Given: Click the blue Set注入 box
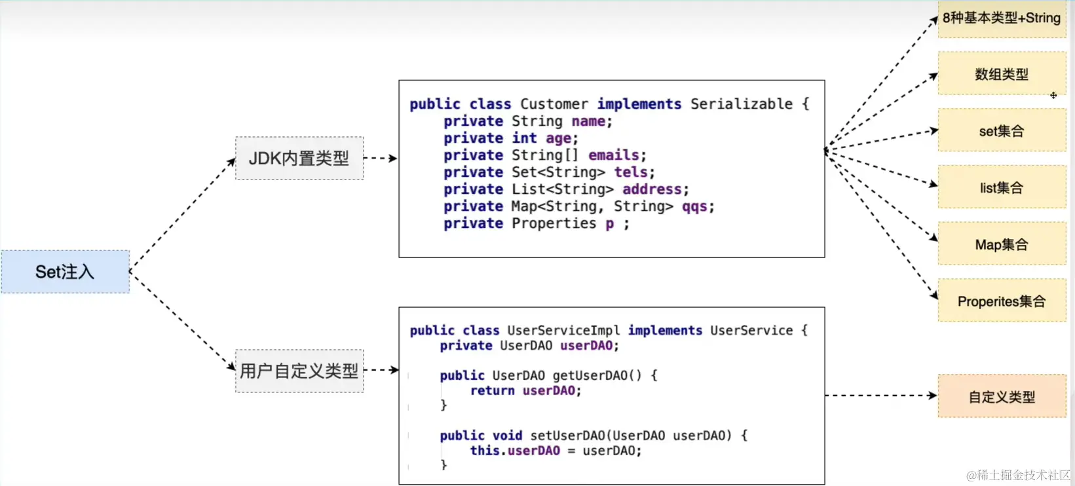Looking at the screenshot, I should tap(65, 271).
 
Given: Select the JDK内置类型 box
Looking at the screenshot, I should tap(299, 158).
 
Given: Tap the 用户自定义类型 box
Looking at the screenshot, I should tap(299, 371).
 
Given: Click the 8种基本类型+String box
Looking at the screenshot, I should tap(1001, 18).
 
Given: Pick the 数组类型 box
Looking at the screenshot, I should tap(1001, 74).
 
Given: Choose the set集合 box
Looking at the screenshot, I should tap(1001, 131).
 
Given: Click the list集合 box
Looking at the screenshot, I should tap(1001, 188).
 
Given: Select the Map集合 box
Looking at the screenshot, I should tap(1001, 244).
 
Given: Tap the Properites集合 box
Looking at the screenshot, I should tap(1001, 301).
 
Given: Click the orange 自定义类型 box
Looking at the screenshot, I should tap(1001, 396).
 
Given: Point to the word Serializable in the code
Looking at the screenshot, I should tap(741, 104).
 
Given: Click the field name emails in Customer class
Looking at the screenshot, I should tap(613, 155).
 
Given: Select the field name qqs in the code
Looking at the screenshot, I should tap(694, 206).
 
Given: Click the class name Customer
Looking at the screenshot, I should tap(554, 104).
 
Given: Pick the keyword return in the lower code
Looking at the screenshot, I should tap(492, 390).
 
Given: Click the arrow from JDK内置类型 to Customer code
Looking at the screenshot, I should tap(381, 158).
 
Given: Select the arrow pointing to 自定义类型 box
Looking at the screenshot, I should tap(880, 396).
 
